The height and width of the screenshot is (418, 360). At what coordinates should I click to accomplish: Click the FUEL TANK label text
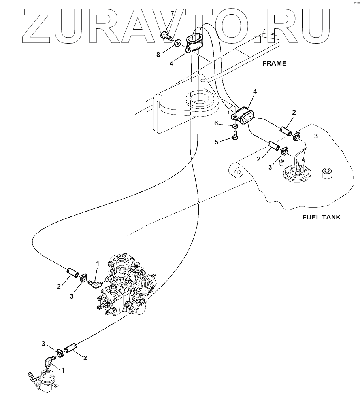[x=321, y=217]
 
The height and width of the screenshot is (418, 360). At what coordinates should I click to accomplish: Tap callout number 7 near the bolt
[x=172, y=14]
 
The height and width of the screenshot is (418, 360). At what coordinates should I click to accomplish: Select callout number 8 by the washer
[x=158, y=55]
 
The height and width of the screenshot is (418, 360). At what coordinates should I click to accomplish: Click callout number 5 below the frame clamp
[x=217, y=142]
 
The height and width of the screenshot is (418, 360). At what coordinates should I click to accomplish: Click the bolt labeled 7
[x=166, y=36]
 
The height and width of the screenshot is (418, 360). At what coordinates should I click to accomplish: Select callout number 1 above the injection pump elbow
[x=98, y=263]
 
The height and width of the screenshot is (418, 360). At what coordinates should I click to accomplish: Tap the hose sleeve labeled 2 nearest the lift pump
[x=70, y=348]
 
